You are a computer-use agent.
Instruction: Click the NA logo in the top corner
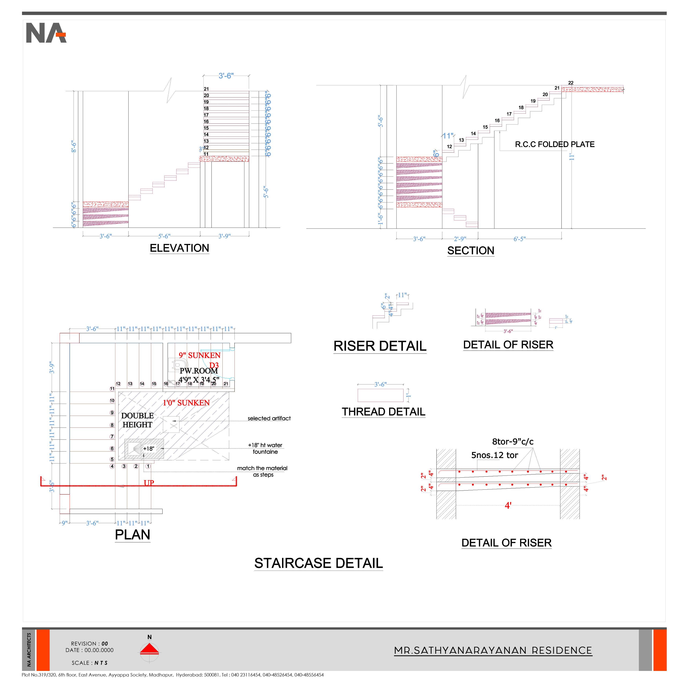[46, 33]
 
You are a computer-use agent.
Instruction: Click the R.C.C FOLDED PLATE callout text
[554, 144]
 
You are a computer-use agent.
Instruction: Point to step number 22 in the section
[571, 83]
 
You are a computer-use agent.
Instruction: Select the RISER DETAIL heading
[380, 346]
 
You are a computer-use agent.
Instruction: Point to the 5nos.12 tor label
[494, 455]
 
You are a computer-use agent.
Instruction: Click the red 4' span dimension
[508, 505]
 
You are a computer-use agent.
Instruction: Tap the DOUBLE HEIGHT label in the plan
[137, 420]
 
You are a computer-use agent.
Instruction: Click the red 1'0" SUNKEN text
[186, 403]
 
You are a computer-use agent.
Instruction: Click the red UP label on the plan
[149, 483]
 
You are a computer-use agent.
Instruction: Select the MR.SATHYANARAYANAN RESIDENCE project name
[493, 651]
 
